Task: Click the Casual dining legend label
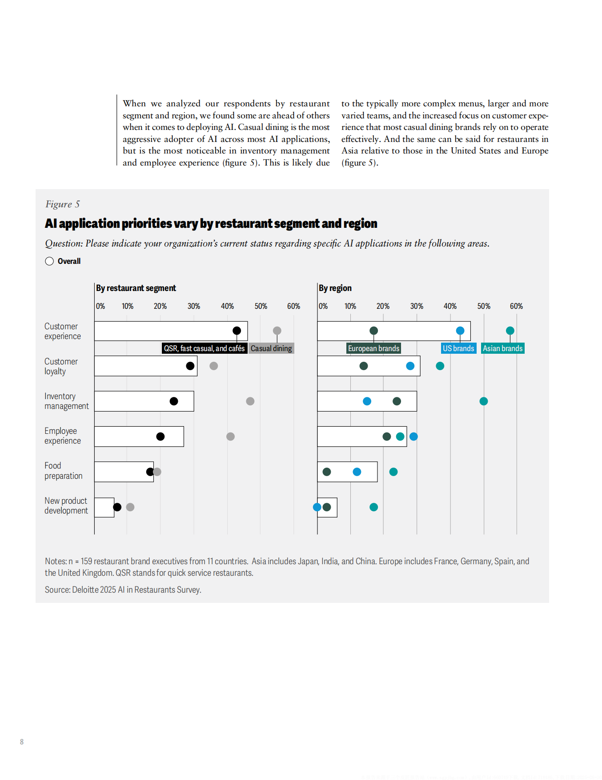point(271,348)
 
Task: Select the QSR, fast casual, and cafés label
point(204,348)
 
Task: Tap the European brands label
point(373,348)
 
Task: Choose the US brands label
point(458,348)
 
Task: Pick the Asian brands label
point(503,348)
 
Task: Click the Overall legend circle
point(49,261)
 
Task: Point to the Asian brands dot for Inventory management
point(484,401)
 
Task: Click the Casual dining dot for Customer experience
point(277,331)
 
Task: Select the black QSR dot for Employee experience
point(161,436)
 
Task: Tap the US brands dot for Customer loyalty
point(410,366)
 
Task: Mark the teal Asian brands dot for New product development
point(374,507)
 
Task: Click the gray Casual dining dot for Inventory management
point(250,401)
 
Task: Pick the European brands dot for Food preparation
point(327,472)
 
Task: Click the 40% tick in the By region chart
point(450,306)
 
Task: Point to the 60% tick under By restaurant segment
point(293,306)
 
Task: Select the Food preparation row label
point(63,471)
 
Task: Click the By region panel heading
point(335,288)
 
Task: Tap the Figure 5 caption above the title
point(62,204)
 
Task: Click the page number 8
point(22,742)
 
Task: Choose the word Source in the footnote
point(57,590)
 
